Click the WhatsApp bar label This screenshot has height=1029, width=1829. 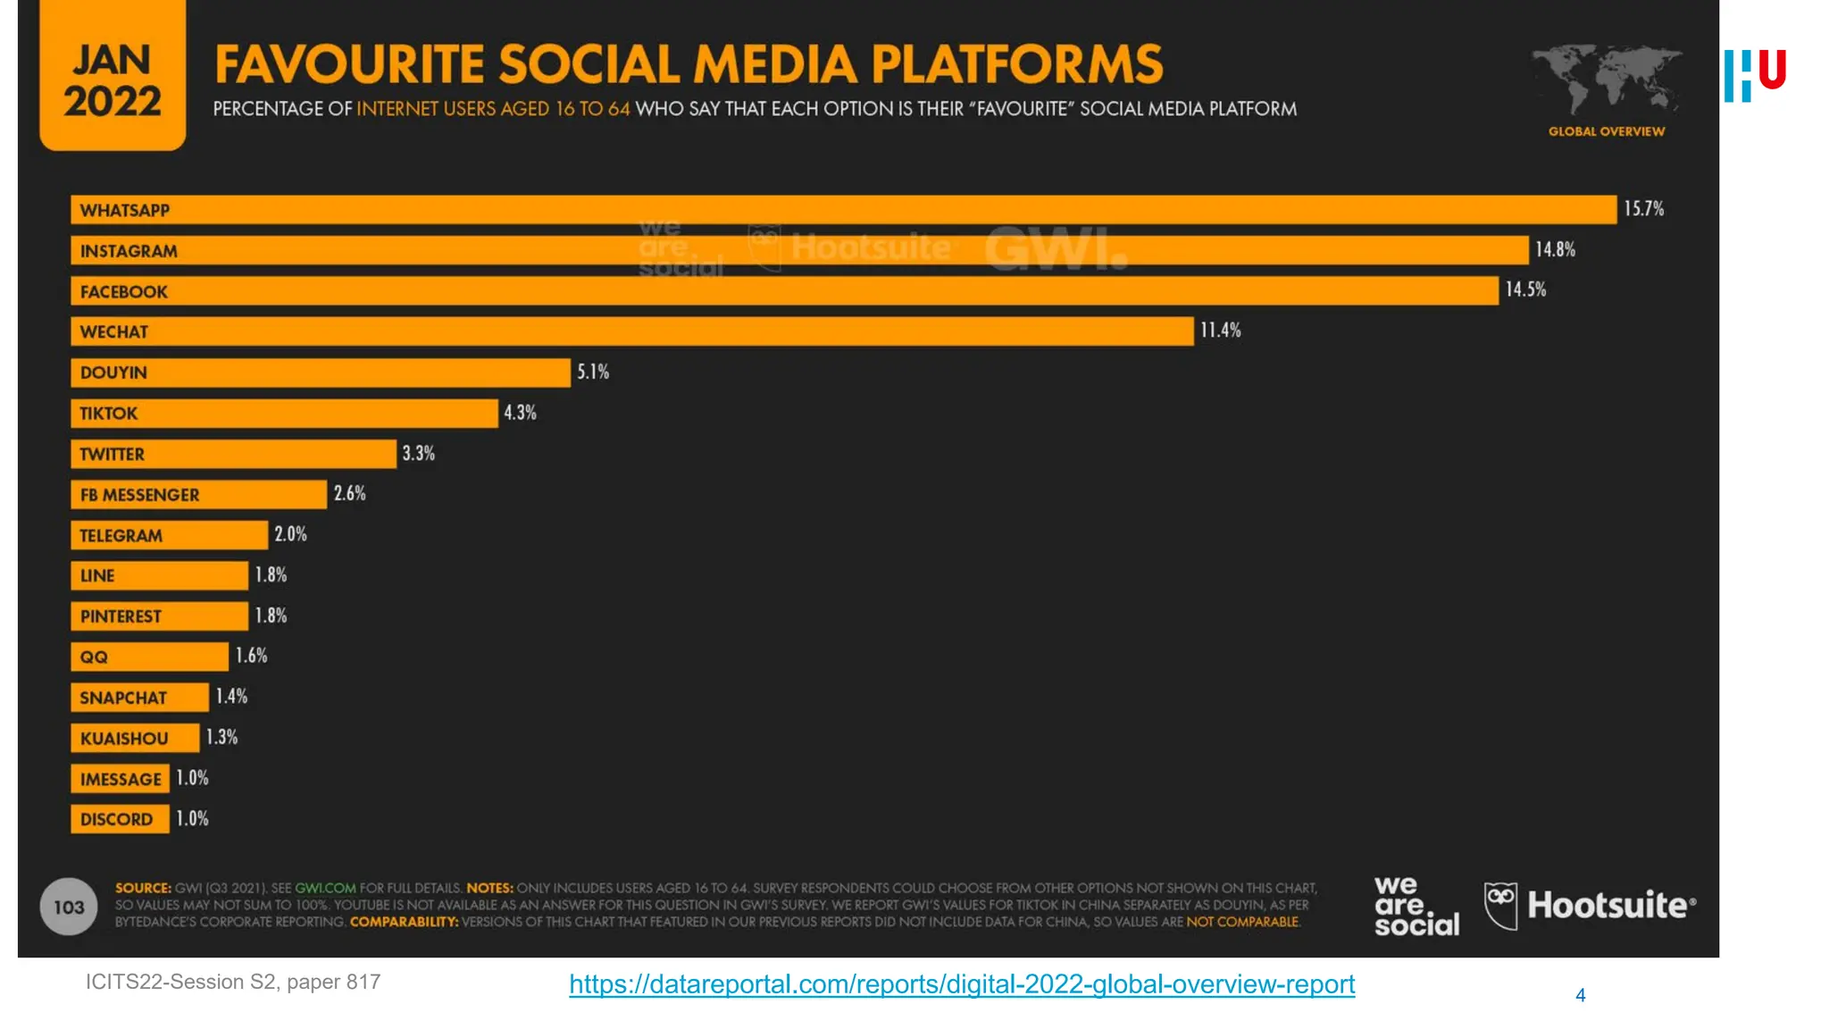click(x=124, y=211)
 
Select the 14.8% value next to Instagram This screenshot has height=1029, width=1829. click(x=1555, y=250)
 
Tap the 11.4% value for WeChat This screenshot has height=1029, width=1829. click(x=1220, y=330)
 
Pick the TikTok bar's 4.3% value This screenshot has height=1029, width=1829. click(x=520, y=413)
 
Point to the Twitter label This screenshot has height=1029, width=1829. click(x=112, y=455)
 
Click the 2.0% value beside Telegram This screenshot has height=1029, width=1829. click(x=290, y=534)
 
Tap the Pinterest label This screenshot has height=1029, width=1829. click(x=121, y=616)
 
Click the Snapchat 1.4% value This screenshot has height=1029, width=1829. click(x=231, y=697)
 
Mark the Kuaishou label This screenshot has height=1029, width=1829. click(x=124, y=739)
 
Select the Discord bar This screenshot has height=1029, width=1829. click(x=120, y=819)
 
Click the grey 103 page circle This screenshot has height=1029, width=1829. click(x=69, y=908)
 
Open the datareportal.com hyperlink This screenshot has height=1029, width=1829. click(x=962, y=984)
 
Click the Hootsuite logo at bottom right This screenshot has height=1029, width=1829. click(x=1590, y=906)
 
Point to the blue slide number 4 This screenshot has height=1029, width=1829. click(x=1580, y=995)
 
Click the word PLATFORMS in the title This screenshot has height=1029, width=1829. click(x=1016, y=64)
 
